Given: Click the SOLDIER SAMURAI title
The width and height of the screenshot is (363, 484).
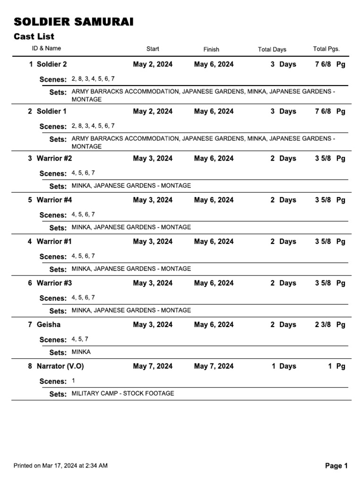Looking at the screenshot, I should point(73,22).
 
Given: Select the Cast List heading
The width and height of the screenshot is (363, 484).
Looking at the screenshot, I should point(34,36).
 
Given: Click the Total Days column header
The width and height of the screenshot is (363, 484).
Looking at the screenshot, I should point(272,50).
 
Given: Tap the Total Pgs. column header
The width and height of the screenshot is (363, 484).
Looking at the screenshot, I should point(326,49).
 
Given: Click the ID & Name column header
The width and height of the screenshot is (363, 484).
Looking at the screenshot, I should point(46,48).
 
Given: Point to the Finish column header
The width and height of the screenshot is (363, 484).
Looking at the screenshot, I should point(211,49).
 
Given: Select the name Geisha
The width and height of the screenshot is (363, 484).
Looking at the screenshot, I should point(48,325).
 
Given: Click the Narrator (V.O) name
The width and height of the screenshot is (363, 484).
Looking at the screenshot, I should point(60,366).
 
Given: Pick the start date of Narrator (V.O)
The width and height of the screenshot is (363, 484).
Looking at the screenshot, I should point(153,366).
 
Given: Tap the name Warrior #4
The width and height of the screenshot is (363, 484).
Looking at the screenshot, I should point(54,200).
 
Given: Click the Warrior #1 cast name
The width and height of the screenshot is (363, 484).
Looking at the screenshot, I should point(54,242).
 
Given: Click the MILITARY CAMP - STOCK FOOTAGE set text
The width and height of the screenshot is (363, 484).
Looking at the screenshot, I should point(123,393).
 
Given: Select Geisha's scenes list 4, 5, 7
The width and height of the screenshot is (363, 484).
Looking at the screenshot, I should point(80,339).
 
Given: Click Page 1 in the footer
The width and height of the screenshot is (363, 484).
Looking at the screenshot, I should point(336,466).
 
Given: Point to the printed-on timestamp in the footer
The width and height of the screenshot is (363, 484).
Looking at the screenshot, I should point(60,466).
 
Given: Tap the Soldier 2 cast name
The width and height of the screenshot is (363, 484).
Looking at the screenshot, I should point(52,64).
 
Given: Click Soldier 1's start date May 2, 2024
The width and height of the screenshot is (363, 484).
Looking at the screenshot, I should point(153,112).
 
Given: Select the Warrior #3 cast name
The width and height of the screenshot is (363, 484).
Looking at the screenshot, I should point(54,283).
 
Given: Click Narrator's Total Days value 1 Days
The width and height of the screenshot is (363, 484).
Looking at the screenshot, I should point(284,366).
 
